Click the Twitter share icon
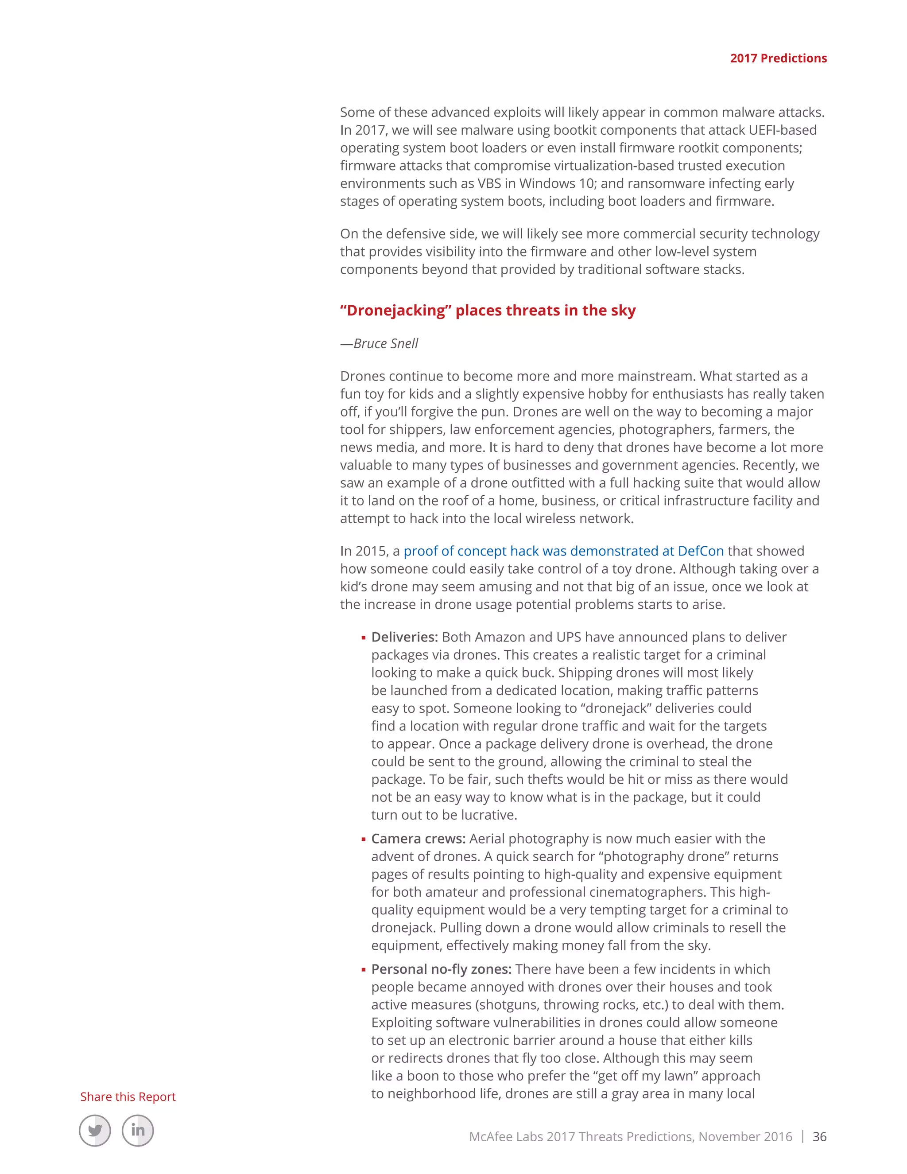(95, 1131)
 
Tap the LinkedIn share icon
(138, 1131)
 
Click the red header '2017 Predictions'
(778, 58)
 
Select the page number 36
(819, 1136)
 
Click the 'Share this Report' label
(128, 1096)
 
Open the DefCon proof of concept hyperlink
(564, 551)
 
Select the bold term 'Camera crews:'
(418, 839)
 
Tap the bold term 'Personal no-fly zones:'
(441, 969)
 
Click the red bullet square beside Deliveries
(364, 638)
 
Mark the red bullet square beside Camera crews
(364, 840)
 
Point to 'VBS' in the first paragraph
(489, 183)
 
